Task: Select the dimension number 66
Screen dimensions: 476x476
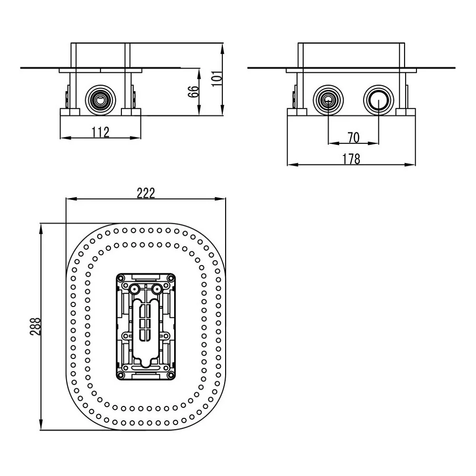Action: pyautogui.click(x=193, y=91)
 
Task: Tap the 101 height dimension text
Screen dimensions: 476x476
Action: pyautogui.click(x=217, y=79)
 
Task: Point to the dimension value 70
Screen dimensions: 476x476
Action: pyautogui.click(x=353, y=138)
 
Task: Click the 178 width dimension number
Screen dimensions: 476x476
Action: pyautogui.click(x=351, y=159)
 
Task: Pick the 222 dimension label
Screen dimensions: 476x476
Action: pyautogui.click(x=146, y=193)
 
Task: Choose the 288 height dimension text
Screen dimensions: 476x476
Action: pyautogui.click(x=35, y=327)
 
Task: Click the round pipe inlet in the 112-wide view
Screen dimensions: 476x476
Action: pyautogui.click(x=100, y=100)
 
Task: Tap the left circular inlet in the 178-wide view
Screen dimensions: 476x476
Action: pyautogui.click(x=328, y=100)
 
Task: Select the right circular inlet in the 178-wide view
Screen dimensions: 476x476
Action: pyautogui.click(x=378, y=100)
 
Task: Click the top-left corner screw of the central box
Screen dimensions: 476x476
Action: pyautogui.click(x=121, y=278)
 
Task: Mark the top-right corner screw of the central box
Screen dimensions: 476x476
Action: pyautogui.click(x=170, y=278)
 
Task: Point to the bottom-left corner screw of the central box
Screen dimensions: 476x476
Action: pyautogui.click(x=121, y=376)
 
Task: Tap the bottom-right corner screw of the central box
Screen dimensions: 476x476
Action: pyautogui.click(x=170, y=376)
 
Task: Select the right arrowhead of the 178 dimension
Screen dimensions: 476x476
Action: pyautogui.click(x=410, y=165)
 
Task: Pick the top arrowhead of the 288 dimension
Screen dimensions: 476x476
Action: pyautogui.click(x=40, y=229)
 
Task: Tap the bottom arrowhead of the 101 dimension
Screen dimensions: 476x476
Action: pyautogui.click(x=222, y=110)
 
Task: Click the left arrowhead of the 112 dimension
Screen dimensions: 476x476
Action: pyautogui.click(x=66, y=138)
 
